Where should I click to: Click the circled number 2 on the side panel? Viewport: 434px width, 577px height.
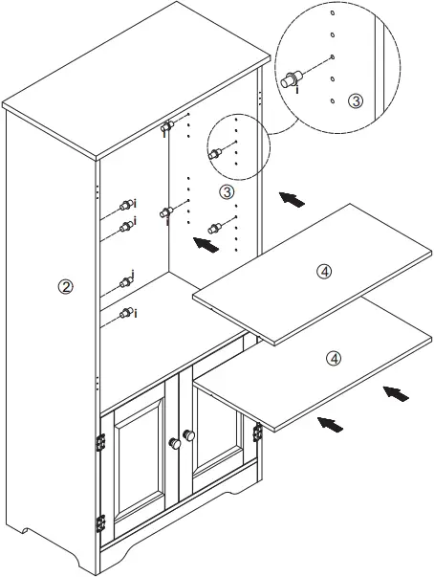click(65, 287)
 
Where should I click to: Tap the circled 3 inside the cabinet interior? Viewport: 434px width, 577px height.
click(227, 191)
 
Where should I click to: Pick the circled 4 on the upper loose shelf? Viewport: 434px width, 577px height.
click(324, 272)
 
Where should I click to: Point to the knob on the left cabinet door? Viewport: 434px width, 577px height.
click(174, 443)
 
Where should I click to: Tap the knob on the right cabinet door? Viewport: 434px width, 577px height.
click(189, 435)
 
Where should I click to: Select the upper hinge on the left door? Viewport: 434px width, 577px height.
click(100, 442)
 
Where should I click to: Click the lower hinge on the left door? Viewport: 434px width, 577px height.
click(100, 523)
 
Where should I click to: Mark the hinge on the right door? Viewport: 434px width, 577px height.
click(256, 433)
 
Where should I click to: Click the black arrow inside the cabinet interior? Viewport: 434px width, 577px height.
click(205, 244)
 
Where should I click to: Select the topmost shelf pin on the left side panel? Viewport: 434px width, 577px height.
click(125, 204)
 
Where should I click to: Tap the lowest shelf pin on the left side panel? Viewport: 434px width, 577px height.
click(125, 313)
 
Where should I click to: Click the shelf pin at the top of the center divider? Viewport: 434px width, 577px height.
click(167, 127)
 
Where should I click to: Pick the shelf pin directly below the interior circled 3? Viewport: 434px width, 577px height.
click(215, 228)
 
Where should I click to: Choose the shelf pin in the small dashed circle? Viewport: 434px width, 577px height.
click(216, 153)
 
